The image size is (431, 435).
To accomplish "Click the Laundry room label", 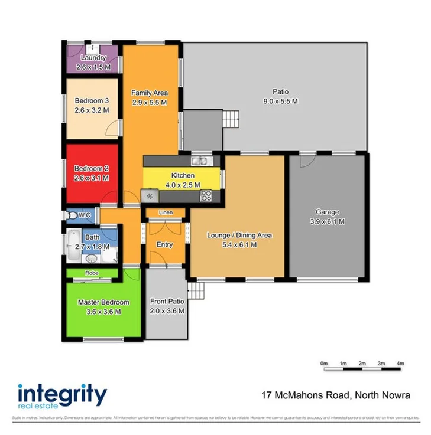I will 93,58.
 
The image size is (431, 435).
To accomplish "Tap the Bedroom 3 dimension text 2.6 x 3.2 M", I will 93,110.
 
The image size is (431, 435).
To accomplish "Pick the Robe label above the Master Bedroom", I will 92,273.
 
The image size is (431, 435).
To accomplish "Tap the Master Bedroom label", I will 103,302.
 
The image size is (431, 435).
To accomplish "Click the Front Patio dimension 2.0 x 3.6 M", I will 167,311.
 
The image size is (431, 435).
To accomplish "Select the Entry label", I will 164,244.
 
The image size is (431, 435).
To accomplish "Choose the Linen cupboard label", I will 166,212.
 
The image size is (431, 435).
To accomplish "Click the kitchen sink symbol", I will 199,161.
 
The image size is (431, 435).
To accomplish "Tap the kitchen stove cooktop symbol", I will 206,195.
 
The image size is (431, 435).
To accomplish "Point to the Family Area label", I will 150,93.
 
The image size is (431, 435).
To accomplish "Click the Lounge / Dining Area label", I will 239,235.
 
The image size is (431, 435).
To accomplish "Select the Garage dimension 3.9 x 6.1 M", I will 327,222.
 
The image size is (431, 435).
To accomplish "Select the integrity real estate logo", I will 62,395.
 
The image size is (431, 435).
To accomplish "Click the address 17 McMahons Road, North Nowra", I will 337,395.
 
